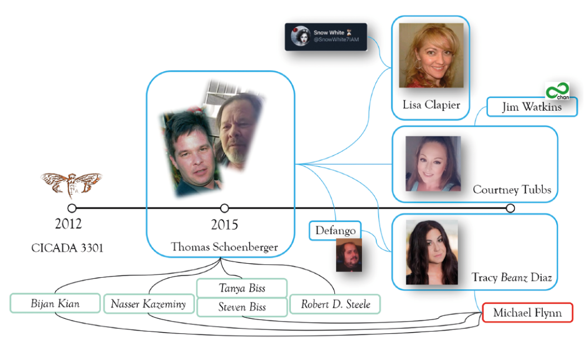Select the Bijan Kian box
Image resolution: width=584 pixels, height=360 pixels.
[55, 303]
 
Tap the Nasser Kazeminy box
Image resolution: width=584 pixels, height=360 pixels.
[148, 304]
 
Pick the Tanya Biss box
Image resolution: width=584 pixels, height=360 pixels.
[241, 288]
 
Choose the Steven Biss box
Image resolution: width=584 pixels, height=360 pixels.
[241, 307]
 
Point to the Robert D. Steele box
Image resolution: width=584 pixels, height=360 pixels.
[334, 304]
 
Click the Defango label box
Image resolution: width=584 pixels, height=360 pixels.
[335, 230]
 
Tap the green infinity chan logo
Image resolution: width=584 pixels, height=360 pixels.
[557, 91]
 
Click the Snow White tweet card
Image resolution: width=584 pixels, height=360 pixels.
[326, 37]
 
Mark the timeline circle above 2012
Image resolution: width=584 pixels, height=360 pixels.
[72, 208]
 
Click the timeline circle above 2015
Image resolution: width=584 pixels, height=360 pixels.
[224, 208]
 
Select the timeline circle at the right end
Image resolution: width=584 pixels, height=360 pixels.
[510, 208]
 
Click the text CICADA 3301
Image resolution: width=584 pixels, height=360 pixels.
[67, 248]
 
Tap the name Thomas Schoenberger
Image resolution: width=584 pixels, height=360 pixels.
[224, 246]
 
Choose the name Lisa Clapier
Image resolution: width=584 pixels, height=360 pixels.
[431, 105]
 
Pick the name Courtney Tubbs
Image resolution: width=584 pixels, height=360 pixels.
[512, 190]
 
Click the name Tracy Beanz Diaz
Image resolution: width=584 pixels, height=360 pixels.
[511, 277]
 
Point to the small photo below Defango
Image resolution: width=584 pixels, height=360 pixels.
[349, 255]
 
